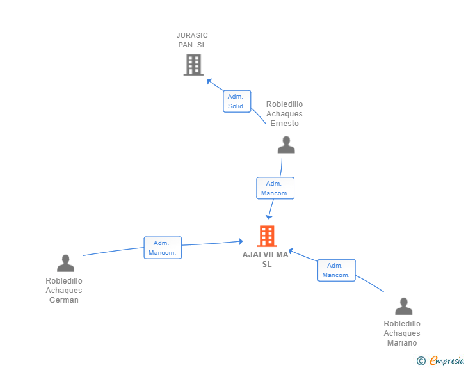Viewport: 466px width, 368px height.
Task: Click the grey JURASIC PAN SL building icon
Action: click(x=193, y=65)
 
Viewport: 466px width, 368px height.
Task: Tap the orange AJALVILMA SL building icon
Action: click(x=267, y=236)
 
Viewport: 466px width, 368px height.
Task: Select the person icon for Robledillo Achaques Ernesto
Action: click(x=286, y=145)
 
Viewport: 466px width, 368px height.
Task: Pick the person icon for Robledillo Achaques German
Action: click(x=65, y=263)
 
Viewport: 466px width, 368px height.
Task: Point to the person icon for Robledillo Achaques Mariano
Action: click(x=403, y=306)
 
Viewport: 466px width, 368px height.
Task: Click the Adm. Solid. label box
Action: click(x=237, y=101)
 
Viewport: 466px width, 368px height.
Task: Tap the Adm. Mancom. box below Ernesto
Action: click(x=275, y=188)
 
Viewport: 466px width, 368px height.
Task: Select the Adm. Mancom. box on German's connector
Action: click(x=163, y=248)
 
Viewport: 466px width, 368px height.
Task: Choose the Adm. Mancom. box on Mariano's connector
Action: click(x=337, y=270)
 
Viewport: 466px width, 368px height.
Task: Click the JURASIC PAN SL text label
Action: click(x=192, y=40)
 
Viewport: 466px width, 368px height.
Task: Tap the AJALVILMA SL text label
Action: click(x=266, y=259)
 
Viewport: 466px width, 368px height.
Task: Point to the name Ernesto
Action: click(x=284, y=124)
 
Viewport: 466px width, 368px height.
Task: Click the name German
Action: click(x=64, y=300)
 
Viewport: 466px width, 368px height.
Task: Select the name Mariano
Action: click(x=402, y=343)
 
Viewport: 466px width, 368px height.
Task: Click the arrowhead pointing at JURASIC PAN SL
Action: click(x=209, y=81)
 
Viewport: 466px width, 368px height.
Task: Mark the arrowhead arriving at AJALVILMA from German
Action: click(x=241, y=241)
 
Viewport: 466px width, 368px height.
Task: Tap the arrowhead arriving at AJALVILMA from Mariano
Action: click(x=291, y=251)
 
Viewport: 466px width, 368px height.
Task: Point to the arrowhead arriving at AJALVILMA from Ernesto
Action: click(x=269, y=217)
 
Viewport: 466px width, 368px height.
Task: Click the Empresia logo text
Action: click(x=447, y=361)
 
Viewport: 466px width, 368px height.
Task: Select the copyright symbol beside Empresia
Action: click(x=421, y=361)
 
